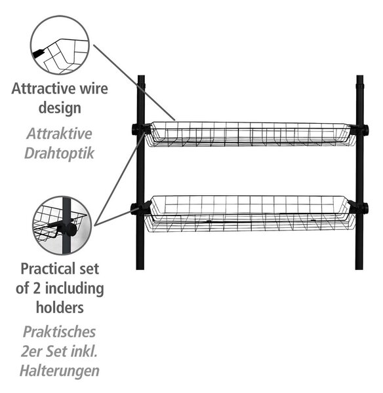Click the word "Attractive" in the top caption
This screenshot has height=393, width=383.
(x=43, y=88)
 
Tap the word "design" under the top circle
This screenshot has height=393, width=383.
(x=60, y=109)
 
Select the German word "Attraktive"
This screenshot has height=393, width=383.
(x=59, y=134)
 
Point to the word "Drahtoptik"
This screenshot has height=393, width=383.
(x=59, y=153)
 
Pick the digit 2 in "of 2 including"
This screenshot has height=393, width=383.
(x=37, y=288)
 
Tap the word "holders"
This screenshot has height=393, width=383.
(x=60, y=308)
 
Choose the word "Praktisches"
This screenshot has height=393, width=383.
(x=59, y=332)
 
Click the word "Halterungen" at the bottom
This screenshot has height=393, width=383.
(x=60, y=371)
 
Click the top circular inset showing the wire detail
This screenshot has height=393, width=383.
(x=60, y=45)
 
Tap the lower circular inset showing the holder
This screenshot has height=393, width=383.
(x=62, y=225)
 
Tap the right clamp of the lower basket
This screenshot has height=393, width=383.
(x=358, y=208)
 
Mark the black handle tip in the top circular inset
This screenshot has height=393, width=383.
(x=38, y=53)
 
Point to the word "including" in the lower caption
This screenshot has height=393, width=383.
(x=74, y=289)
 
